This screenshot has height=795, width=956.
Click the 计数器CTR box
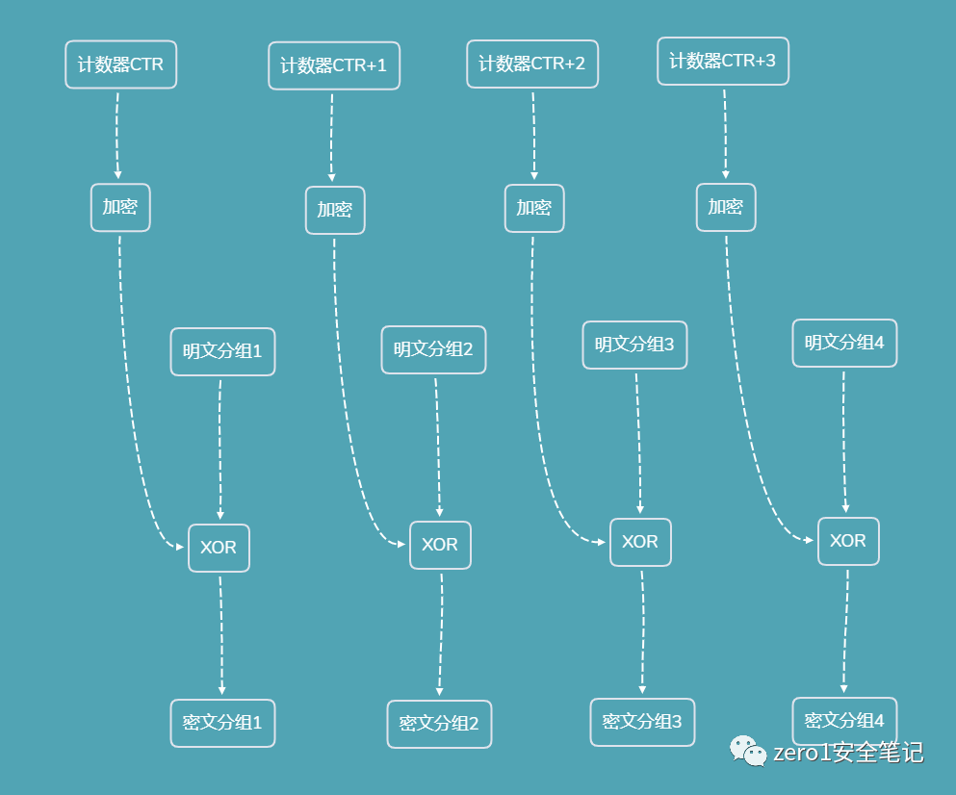click(x=121, y=64)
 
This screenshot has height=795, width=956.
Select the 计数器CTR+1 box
click(x=333, y=65)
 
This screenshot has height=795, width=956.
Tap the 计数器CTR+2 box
click(x=532, y=64)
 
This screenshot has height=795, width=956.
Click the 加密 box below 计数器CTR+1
click(x=335, y=210)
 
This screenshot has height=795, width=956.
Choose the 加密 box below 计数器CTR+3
click(x=726, y=207)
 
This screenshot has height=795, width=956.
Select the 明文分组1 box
click(x=222, y=351)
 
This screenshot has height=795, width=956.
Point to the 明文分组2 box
click(x=433, y=349)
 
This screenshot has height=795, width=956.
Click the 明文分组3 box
click(x=634, y=345)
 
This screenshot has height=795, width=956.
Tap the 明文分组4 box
click(x=844, y=343)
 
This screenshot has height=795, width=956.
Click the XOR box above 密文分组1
click(x=219, y=548)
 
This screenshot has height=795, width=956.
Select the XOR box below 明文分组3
click(x=640, y=542)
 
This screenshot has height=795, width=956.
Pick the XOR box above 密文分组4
click(x=848, y=541)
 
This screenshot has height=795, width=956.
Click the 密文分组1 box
click(x=222, y=723)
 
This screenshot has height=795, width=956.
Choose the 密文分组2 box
click(x=439, y=724)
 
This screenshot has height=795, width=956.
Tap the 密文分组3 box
click(x=642, y=722)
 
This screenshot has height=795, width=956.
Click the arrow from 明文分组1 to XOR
click(x=220, y=448)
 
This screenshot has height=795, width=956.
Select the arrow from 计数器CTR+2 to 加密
click(x=533, y=135)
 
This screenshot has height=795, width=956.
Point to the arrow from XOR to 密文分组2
click(x=441, y=635)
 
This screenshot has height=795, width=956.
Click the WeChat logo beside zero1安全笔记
click(x=745, y=750)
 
